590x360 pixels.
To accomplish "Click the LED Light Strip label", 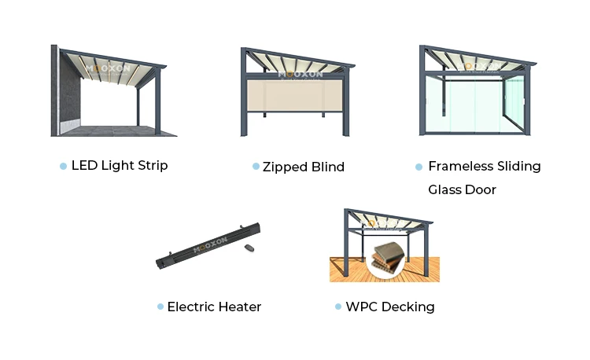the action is tap(120, 166).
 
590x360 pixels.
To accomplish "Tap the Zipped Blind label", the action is tap(304, 167).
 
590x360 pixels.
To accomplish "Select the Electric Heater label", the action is tap(214, 307).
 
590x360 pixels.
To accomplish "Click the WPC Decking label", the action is tap(389, 307).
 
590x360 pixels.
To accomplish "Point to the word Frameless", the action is tap(460, 167).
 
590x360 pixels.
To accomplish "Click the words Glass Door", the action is tap(462, 189).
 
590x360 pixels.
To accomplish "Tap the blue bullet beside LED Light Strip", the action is tap(63, 166).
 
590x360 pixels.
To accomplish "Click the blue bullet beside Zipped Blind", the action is tap(256, 167).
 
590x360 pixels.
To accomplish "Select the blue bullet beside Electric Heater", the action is tap(160, 307).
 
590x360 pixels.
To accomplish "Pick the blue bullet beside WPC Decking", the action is tap(338, 307).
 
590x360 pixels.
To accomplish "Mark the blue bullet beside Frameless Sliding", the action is tap(419, 167).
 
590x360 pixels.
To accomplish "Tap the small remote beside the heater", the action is tap(250, 249).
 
